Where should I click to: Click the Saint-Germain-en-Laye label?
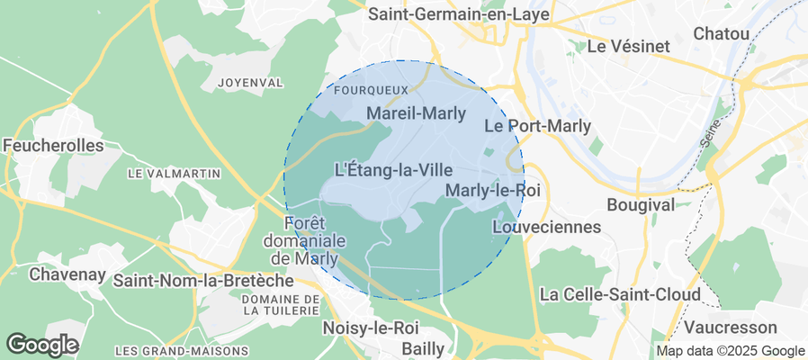pos(459,14)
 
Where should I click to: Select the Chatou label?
pos(722,33)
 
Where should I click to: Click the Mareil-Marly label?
pos(417,113)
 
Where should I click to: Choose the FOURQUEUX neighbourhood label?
pos(370,91)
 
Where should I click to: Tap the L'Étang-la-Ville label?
pos(392,168)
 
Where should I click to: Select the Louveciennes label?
pos(546,227)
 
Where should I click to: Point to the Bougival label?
pos(641,205)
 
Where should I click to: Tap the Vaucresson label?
pos(730,326)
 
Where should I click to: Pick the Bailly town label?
pos(421,346)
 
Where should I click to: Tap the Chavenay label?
pos(67,274)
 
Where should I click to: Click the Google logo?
pos(42,344)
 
